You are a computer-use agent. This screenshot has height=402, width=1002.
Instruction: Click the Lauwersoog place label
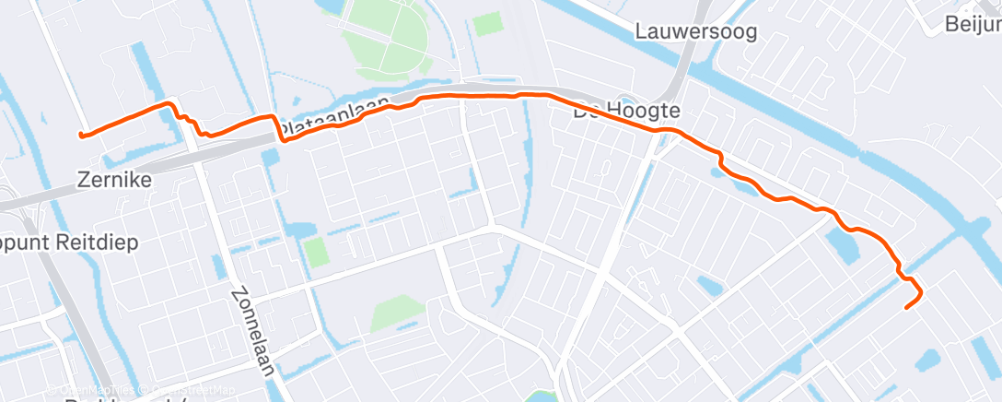click(696, 32)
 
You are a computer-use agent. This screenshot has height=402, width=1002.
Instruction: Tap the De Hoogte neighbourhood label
click(626, 112)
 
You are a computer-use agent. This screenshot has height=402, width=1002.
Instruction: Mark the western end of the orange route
click(82, 136)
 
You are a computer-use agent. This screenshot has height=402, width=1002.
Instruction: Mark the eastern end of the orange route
click(907, 307)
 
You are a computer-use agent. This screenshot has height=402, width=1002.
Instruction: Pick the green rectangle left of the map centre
click(315, 252)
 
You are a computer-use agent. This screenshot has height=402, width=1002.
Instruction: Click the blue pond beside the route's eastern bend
click(844, 245)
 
